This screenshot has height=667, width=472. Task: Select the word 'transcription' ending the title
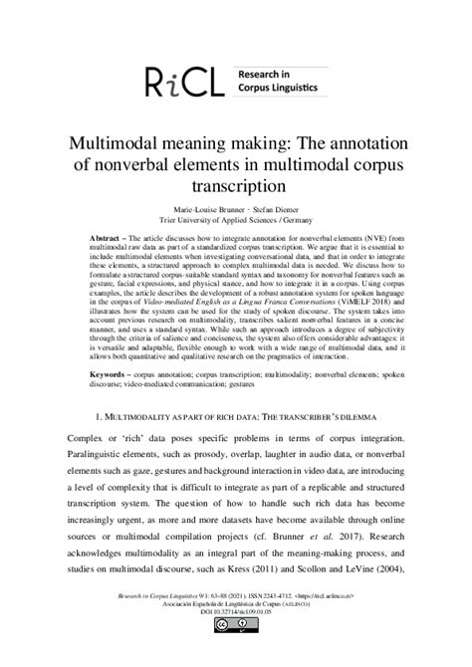click(235, 185)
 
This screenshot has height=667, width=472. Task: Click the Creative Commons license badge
click(235, 652)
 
